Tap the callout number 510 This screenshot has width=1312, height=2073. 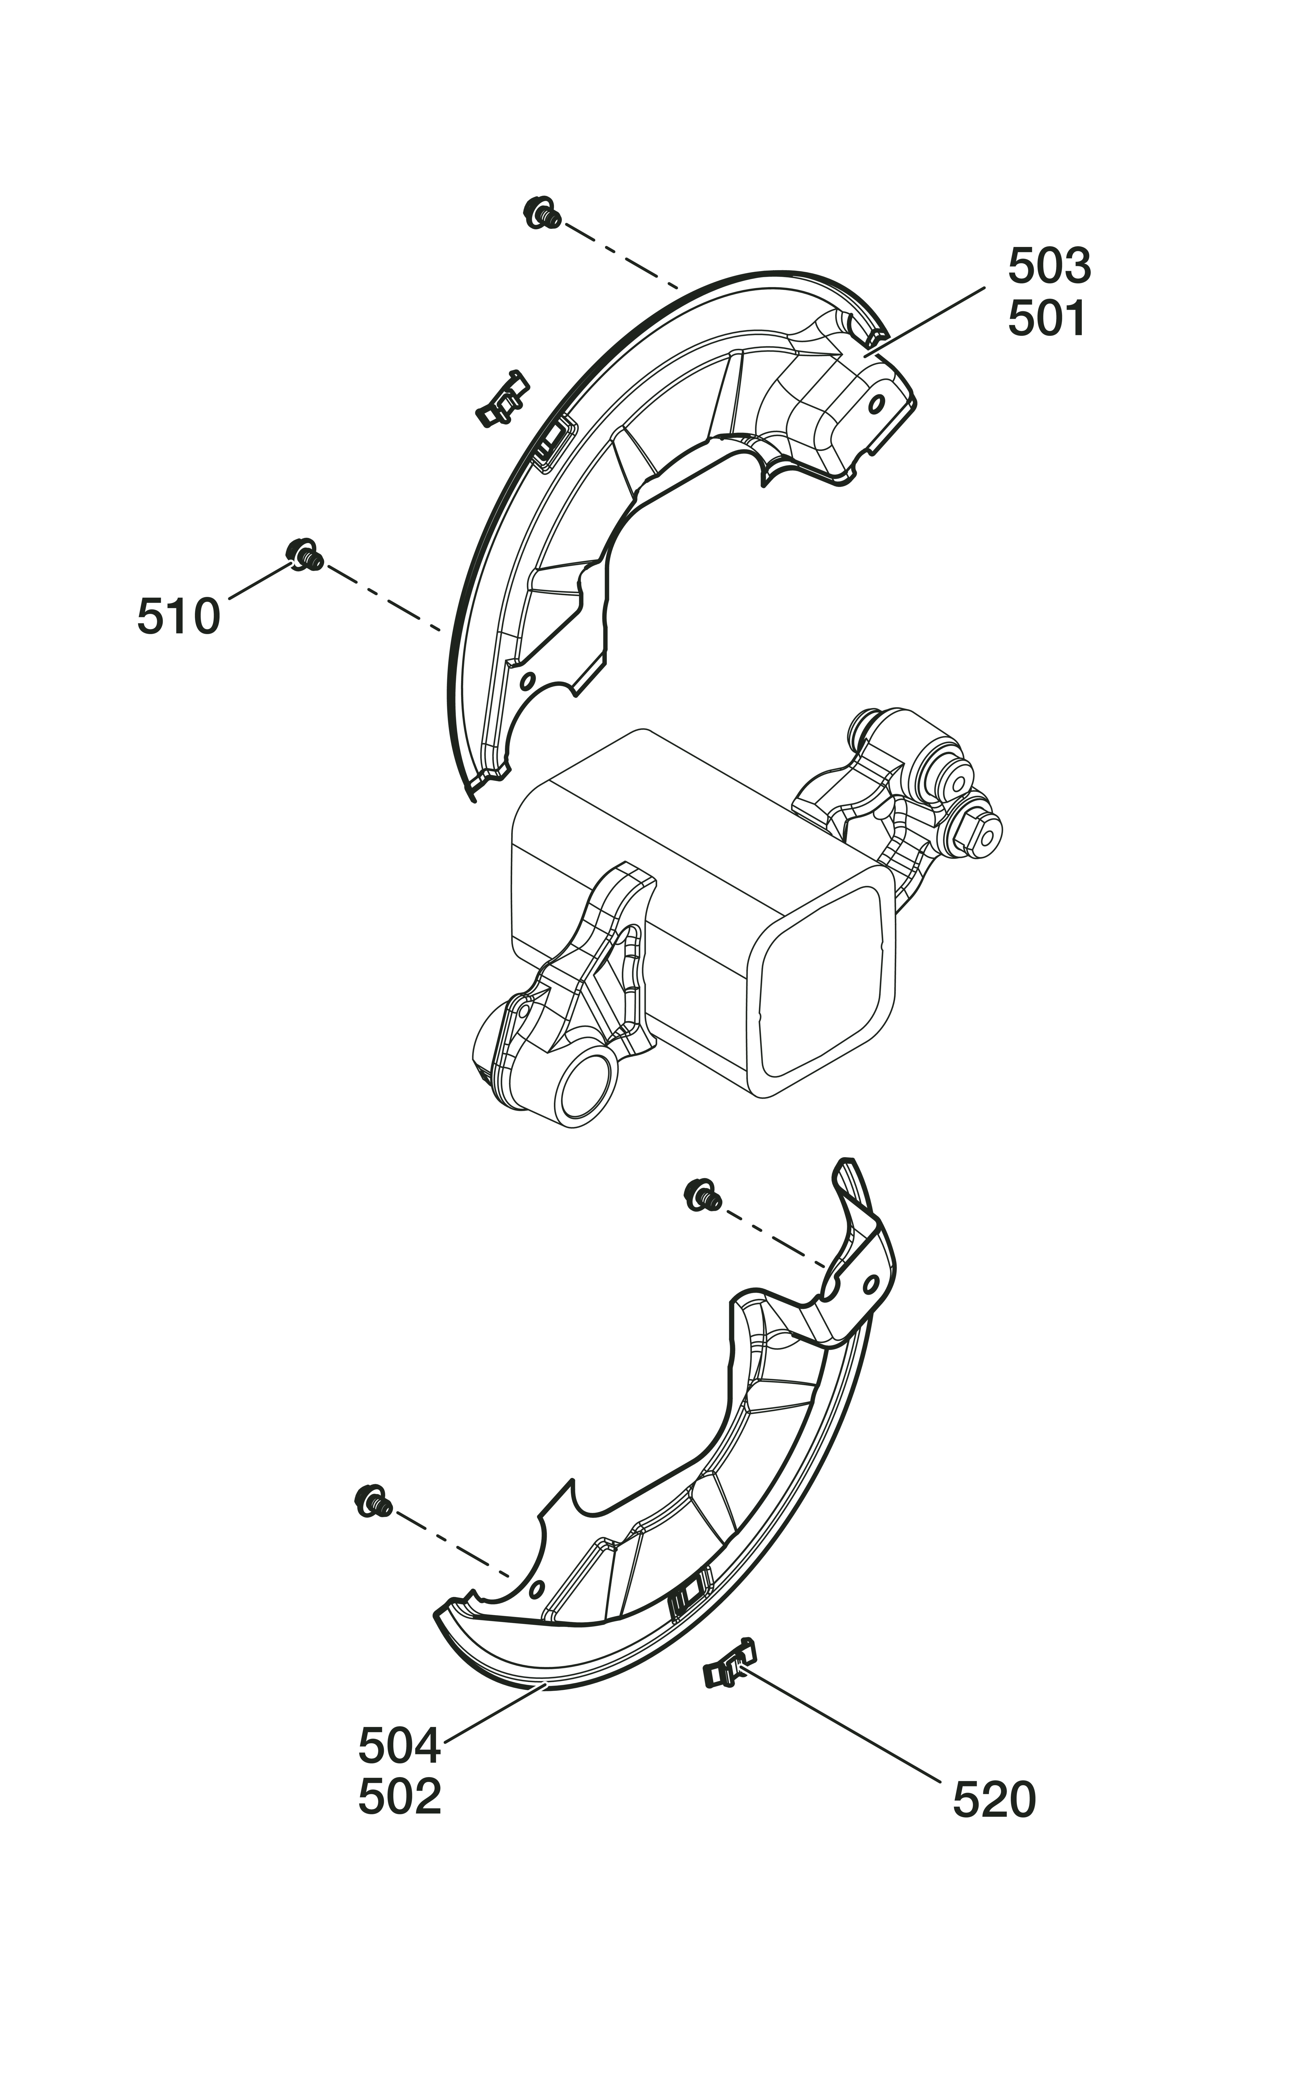[178, 616]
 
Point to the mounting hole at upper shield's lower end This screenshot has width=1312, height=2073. [527, 681]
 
